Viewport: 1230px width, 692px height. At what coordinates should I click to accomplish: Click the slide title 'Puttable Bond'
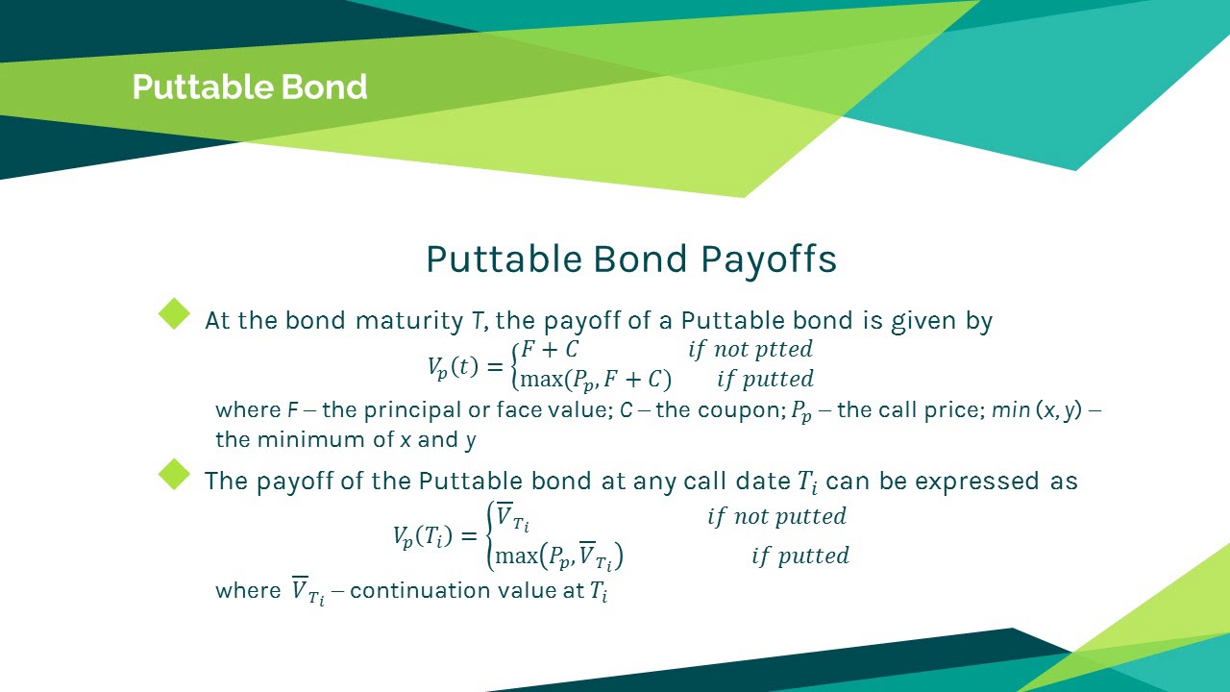click(x=250, y=87)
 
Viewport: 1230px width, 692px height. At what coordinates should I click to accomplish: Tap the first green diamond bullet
click(x=175, y=313)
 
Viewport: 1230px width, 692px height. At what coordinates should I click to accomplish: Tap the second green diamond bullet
click(x=175, y=474)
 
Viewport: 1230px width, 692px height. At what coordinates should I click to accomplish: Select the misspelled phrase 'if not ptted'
click(x=750, y=349)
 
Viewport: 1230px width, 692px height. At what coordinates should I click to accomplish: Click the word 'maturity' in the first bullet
click(x=411, y=320)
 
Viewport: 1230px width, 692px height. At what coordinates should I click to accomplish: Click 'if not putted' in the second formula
click(x=776, y=516)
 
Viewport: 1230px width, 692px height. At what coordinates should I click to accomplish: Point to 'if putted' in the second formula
click(x=799, y=556)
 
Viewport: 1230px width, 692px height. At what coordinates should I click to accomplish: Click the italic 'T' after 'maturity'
click(x=476, y=320)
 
